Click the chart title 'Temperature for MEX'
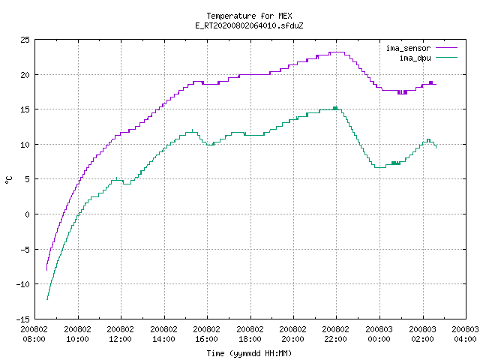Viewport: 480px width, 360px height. click(x=249, y=16)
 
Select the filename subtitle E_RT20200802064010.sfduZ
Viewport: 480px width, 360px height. click(x=249, y=25)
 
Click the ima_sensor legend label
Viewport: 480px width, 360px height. click(x=408, y=48)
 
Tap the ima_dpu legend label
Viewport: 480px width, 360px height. click(x=415, y=58)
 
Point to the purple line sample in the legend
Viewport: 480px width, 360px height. click(x=446, y=48)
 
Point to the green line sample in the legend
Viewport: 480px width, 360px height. click(x=446, y=57)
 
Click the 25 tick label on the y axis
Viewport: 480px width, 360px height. click(x=25, y=40)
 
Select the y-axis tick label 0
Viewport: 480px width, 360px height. click(x=27, y=214)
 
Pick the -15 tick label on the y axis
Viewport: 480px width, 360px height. click(x=23, y=319)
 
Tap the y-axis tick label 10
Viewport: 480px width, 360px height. click(x=25, y=145)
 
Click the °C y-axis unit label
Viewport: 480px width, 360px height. click(x=8, y=180)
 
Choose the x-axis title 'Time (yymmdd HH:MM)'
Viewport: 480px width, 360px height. click(x=249, y=353)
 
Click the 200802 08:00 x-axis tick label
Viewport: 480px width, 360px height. click(x=34, y=334)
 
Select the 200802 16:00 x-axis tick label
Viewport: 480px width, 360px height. click(x=207, y=334)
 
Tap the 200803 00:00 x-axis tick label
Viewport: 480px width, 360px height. click(x=379, y=334)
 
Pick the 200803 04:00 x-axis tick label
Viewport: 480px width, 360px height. click(x=465, y=334)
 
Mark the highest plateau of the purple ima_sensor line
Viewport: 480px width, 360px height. click(x=337, y=52)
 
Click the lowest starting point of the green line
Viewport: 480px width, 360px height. click(x=46, y=299)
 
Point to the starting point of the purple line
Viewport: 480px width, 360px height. click(x=46, y=270)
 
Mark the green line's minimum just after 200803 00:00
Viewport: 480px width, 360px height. click(x=380, y=167)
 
